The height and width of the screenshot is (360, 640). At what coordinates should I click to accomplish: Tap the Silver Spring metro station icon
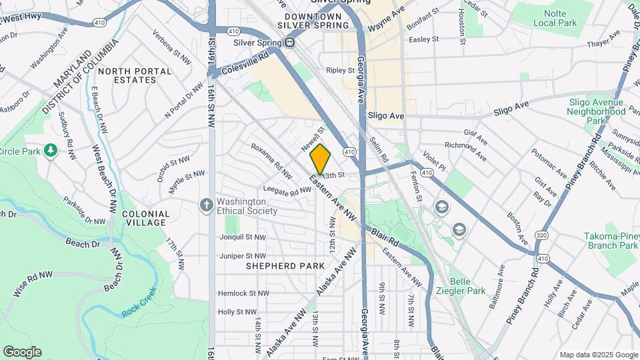(x=289, y=43)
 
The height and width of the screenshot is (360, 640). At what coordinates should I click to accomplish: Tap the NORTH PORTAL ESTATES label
(x=127, y=75)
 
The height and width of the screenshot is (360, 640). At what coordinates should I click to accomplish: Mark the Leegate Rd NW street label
(x=287, y=191)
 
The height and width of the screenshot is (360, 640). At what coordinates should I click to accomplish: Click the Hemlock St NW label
(x=243, y=293)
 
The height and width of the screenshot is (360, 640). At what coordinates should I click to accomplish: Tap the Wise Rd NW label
(x=33, y=284)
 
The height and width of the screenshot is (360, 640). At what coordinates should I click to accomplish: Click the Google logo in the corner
(x=22, y=351)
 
